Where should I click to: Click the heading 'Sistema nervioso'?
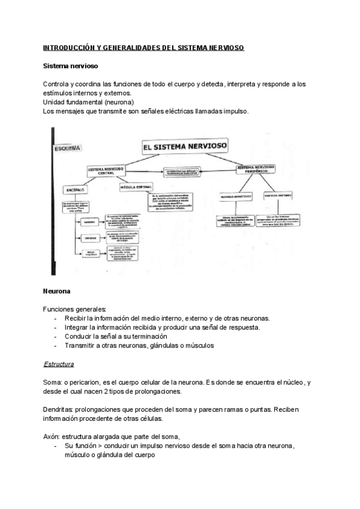coord(71,65)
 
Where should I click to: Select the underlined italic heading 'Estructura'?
coord(59,364)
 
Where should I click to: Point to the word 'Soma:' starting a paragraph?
coord(53,382)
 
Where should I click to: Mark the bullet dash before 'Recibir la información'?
coord(56,318)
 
